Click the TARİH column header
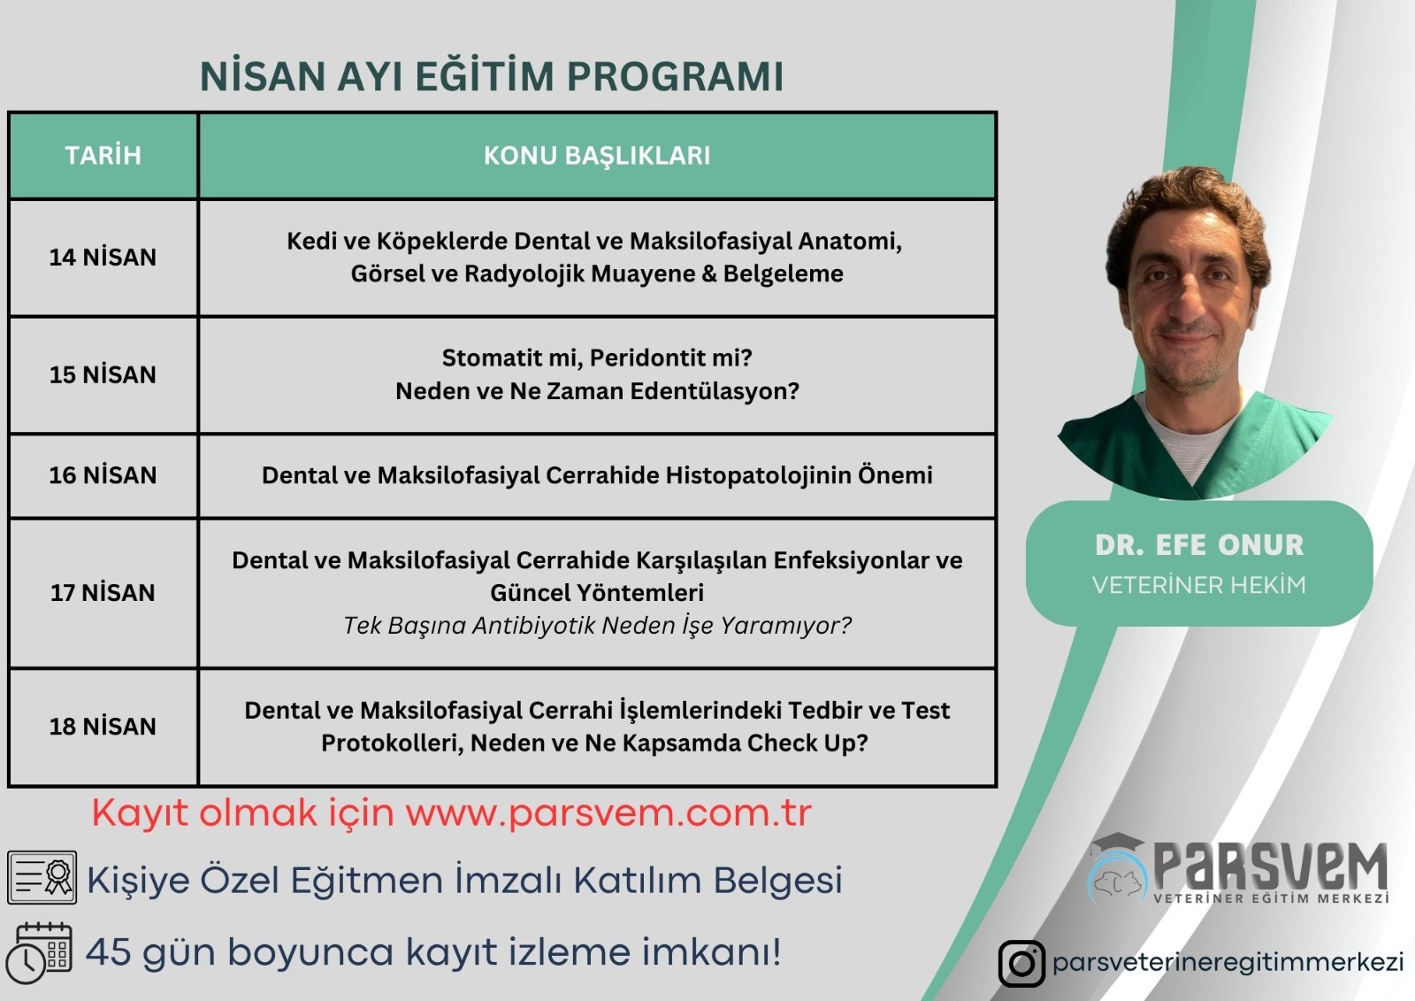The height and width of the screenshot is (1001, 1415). click(x=103, y=156)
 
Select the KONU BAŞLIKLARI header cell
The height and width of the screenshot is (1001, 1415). click(x=597, y=156)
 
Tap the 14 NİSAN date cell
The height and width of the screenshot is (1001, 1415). click(x=103, y=258)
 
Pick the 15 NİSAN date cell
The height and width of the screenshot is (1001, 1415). click(x=103, y=375)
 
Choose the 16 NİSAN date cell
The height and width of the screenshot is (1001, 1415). click(x=103, y=475)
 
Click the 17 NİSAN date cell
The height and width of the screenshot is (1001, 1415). click(x=103, y=593)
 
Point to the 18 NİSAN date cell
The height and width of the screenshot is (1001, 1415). click(x=103, y=727)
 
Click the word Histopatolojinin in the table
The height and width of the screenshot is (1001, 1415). click(x=757, y=476)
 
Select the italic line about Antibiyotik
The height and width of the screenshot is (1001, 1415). click(x=597, y=626)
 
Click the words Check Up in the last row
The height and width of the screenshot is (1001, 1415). click(x=807, y=743)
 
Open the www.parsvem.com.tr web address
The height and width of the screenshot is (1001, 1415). click(x=608, y=813)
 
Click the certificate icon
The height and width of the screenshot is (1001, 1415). click(x=42, y=877)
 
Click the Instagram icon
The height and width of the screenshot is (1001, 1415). click(x=1021, y=964)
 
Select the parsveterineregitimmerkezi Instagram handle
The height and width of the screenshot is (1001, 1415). click(x=1228, y=963)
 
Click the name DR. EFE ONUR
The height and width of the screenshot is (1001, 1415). click(x=1199, y=545)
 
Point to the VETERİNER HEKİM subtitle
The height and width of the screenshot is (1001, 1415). click(x=1199, y=585)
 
